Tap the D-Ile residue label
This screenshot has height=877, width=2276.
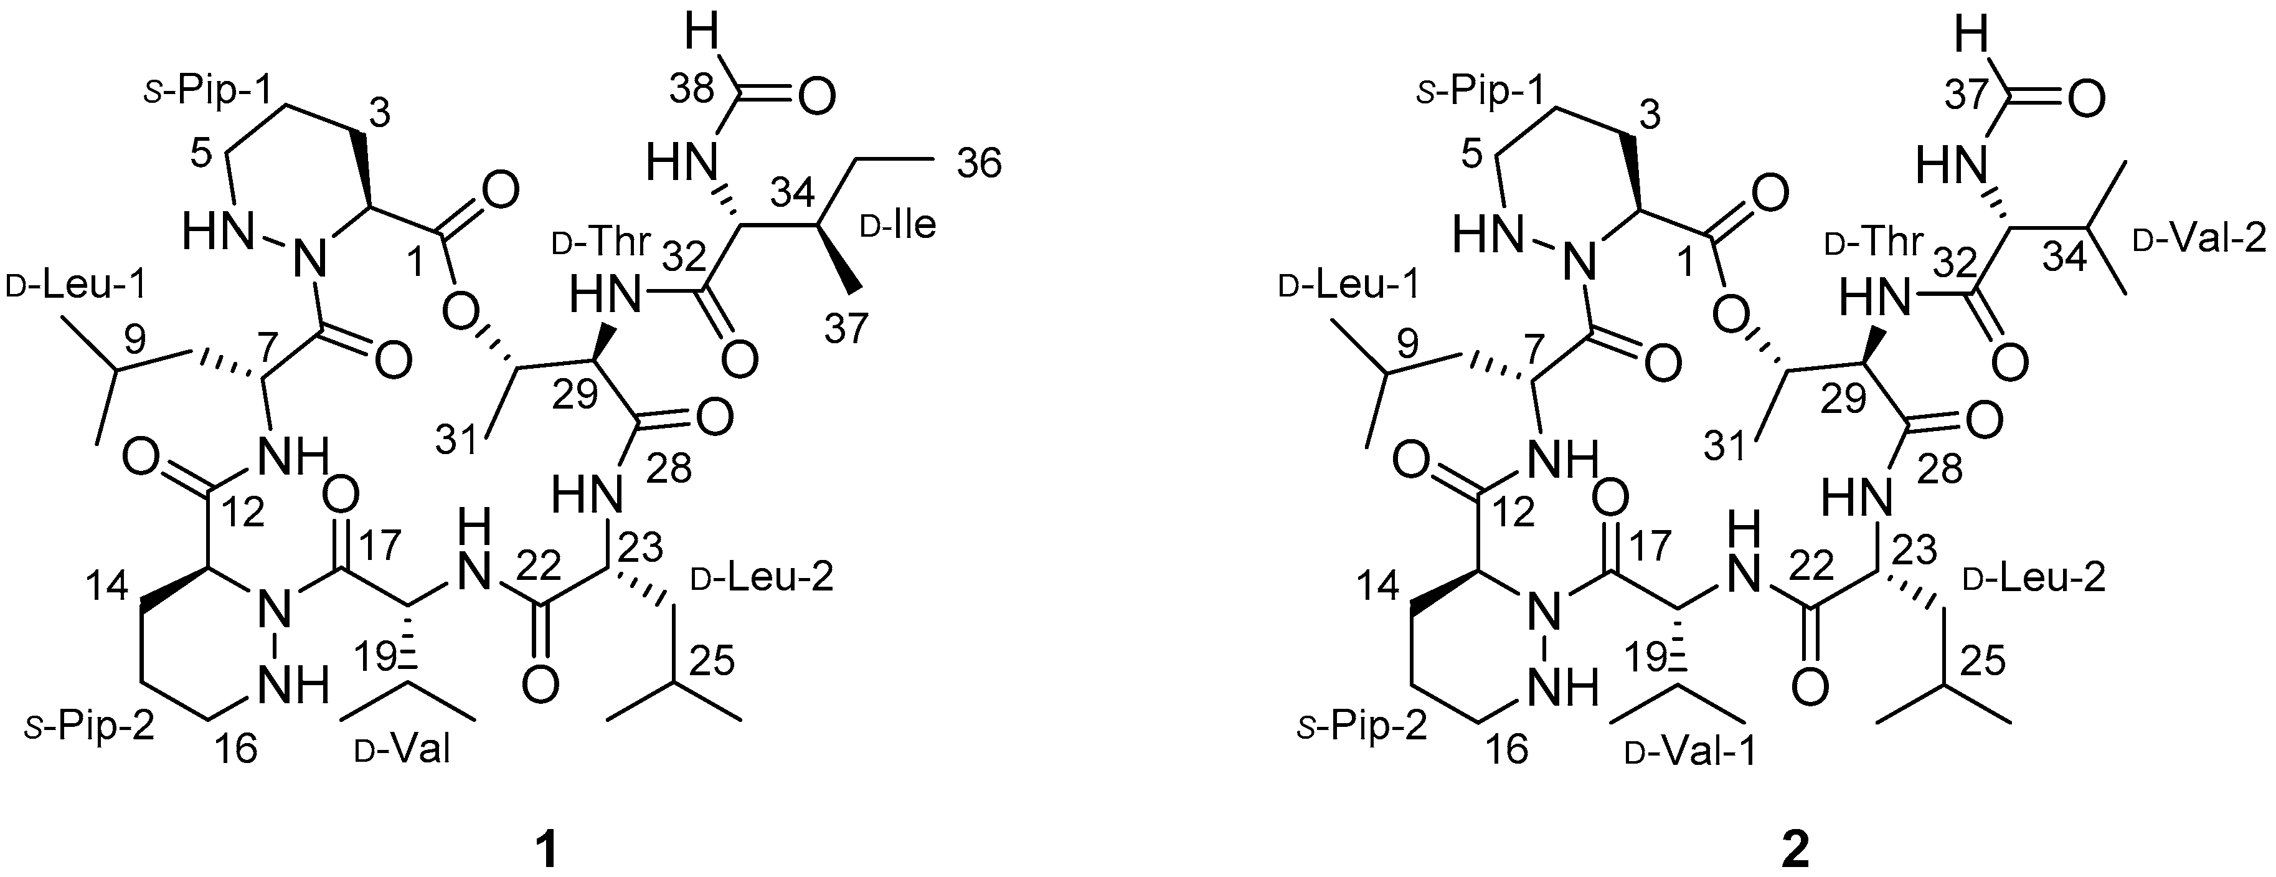(898, 226)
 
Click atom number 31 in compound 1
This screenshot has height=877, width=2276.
(458, 438)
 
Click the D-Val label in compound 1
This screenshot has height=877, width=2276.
(403, 751)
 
